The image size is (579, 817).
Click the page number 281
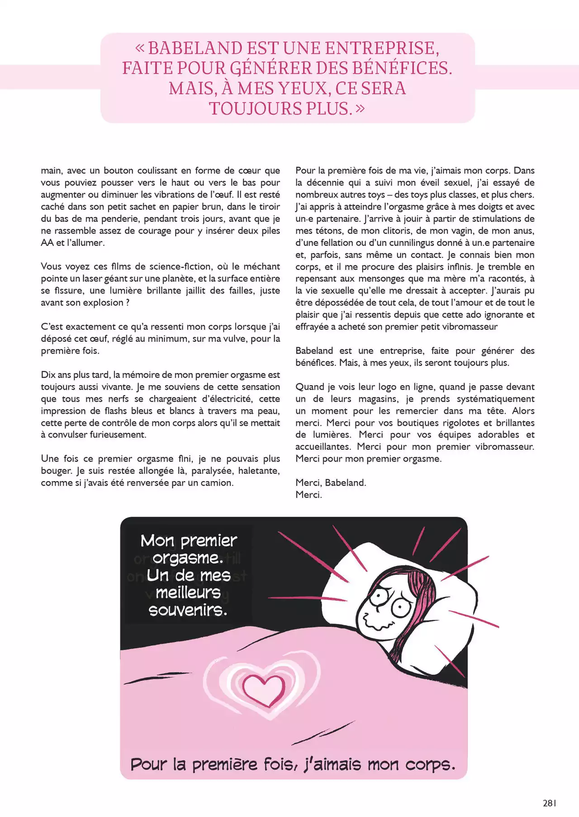coord(549,803)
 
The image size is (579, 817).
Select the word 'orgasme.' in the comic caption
coord(188,558)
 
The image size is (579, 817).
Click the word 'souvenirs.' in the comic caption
coord(188,610)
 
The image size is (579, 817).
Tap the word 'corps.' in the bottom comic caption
coord(430,765)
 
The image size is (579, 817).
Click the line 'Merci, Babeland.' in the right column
coord(331,482)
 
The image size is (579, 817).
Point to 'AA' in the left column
coord(47,243)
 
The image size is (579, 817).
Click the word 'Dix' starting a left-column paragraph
coord(48,375)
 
